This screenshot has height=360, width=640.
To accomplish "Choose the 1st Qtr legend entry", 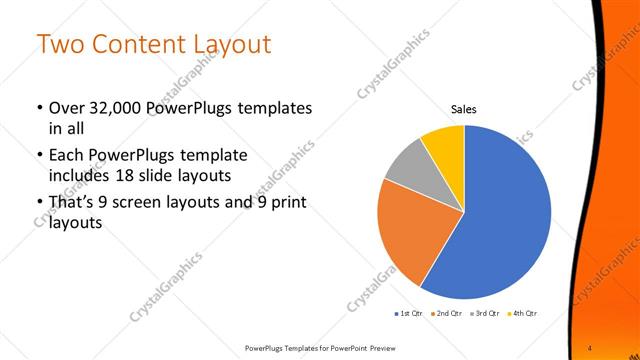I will (x=409, y=313).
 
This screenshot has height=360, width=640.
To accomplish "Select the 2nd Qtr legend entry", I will (x=445, y=313).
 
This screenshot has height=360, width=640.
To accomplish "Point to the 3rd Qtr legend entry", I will (x=485, y=313).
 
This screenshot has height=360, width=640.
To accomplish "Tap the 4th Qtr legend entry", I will (x=523, y=313).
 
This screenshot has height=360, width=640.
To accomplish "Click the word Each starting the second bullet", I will (x=67, y=156).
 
